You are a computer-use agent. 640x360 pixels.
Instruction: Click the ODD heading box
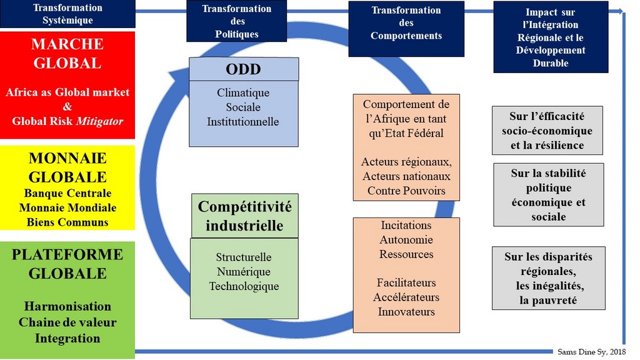click(244, 69)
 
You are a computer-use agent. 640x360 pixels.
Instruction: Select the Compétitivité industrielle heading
click(244, 216)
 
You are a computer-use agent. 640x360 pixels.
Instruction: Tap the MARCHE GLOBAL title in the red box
click(67, 54)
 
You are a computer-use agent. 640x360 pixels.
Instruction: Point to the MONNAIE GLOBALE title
click(67, 167)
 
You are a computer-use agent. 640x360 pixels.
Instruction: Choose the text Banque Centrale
click(67, 193)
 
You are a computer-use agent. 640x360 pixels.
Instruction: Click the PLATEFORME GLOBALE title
click(67, 264)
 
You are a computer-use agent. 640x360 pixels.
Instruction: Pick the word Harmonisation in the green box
click(67, 306)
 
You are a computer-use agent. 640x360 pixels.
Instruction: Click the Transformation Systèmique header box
click(67, 14)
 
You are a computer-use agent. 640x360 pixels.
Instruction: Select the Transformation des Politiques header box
click(237, 21)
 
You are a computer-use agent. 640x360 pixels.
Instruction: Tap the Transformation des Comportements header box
click(406, 23)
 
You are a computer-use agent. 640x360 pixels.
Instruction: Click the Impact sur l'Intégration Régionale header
click(551, 37)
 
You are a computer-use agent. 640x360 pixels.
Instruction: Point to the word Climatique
click(243, 93)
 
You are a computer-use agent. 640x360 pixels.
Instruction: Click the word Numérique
click(244, 272)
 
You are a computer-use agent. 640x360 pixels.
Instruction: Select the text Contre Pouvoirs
click(406, 191)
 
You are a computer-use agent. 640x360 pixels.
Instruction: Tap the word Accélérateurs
click(406, 297)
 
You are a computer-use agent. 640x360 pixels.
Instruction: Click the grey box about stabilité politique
click(549, 195)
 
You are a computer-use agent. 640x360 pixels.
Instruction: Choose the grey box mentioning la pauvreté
click(549, 278)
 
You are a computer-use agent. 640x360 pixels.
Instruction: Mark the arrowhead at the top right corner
click(619, 11)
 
